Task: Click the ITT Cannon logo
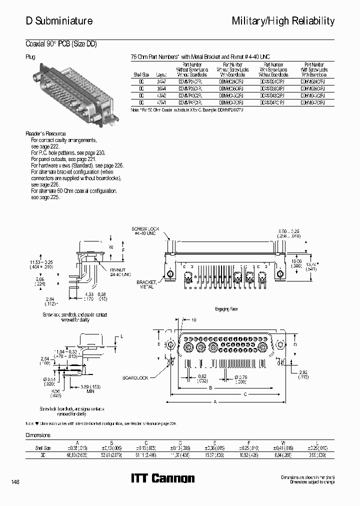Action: coord(162,478)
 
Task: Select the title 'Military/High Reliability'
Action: coord(283,21)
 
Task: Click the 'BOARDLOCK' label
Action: coord(133,378)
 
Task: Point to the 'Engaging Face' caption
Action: coord(226,309)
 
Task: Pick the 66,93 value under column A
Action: coord(77,455)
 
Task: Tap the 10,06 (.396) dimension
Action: coord(296,263)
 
